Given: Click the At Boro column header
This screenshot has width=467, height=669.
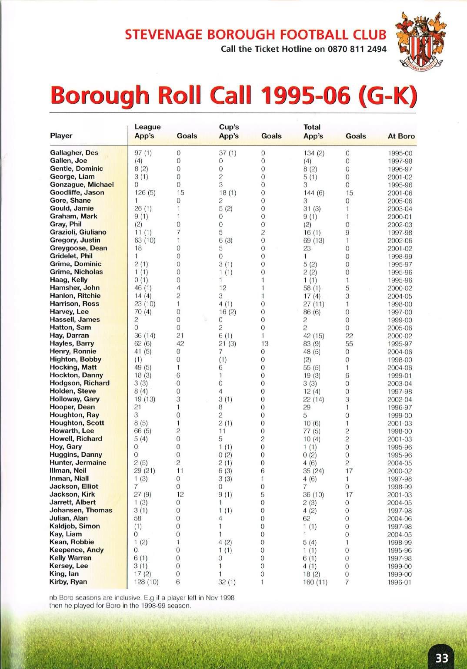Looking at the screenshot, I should pos(401,136).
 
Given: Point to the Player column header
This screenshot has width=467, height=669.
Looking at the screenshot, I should pos(61,136).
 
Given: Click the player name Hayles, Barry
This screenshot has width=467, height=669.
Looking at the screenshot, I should pos(72,343).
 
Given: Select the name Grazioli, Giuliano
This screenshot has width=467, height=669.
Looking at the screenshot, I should pos(78,232).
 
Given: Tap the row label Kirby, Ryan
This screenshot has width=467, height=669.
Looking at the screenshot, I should pos(68,582).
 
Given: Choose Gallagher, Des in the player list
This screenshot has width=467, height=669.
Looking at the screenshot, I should pos(74,153).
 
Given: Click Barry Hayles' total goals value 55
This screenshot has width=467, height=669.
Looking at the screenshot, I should pos(349,343).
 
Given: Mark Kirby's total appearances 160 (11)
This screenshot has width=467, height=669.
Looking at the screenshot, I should pos(315,582).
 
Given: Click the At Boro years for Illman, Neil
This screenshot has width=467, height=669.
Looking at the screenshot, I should pos(400,471).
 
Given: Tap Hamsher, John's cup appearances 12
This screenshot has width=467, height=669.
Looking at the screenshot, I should pos(223,288).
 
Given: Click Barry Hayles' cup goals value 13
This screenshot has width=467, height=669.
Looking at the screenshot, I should pos(264,343).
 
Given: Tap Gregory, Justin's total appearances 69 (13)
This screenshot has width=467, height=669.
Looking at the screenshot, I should pos(314,241).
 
